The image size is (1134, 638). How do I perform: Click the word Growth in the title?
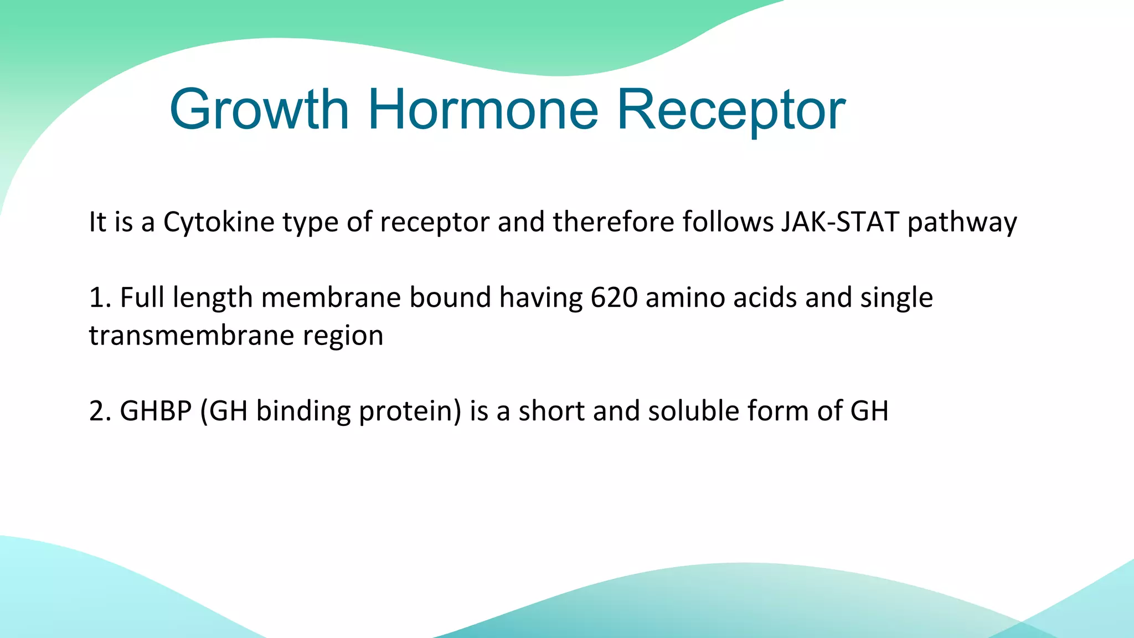click(259, 110)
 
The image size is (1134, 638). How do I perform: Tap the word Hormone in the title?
click(483, 110)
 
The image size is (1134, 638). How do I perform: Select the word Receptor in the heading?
click(731, 110)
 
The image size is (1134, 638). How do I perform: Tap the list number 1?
click(97, 297)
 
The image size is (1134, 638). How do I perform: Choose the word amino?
click(685, 297)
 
